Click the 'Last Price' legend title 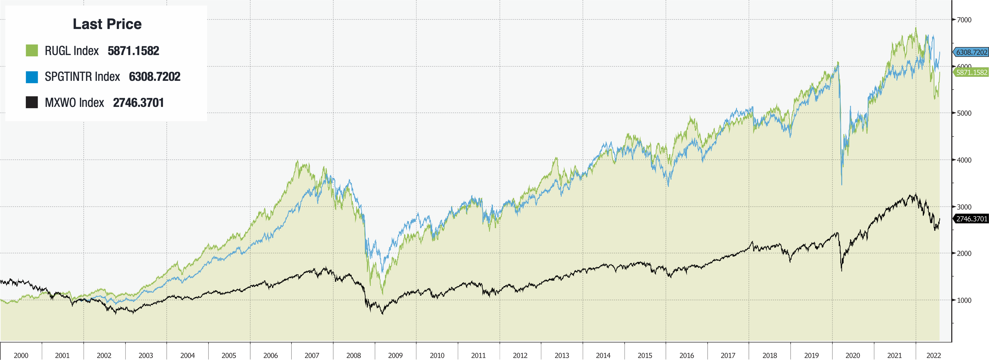107,24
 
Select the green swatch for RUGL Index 32,51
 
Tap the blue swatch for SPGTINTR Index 32,77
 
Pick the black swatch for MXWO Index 32,102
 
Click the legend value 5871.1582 133,51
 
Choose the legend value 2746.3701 138,102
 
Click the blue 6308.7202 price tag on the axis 971,52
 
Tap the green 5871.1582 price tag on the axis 971,72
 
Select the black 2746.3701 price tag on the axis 971,219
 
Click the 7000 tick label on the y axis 964,20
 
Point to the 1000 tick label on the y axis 964,300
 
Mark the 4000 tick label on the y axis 964,160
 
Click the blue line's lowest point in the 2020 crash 842,185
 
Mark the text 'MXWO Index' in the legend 74,102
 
